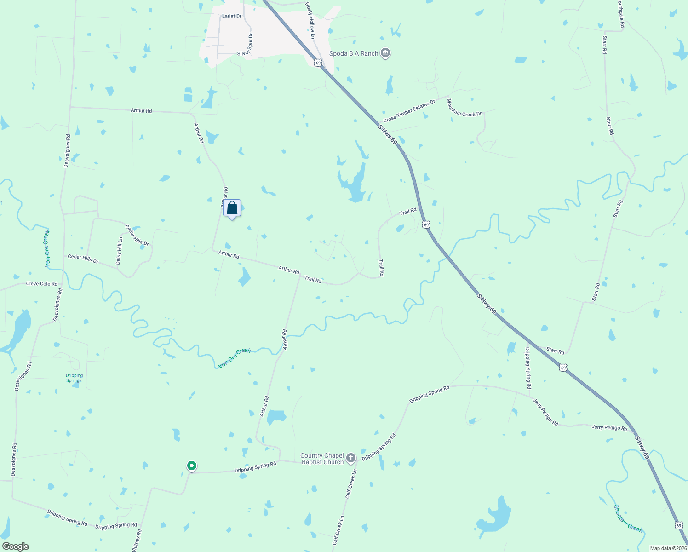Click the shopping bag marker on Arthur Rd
point(232,208)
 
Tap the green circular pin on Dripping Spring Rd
point(192,466)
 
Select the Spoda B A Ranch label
point(353,53)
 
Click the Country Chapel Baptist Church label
point(322,459)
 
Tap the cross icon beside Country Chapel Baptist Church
point(351,458)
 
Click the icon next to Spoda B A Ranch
point(386,53)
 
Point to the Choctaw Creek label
point(627,518)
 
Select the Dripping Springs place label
point(74,378)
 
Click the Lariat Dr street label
point(231,16)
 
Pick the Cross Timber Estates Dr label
point(409,111)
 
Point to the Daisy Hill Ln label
point(120,251)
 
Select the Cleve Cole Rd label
point(42,284)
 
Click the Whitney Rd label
point(136,540)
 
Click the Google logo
point(15,546)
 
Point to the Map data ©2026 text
point(668,548)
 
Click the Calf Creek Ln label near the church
point(351,483)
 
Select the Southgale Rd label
point(621,14)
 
